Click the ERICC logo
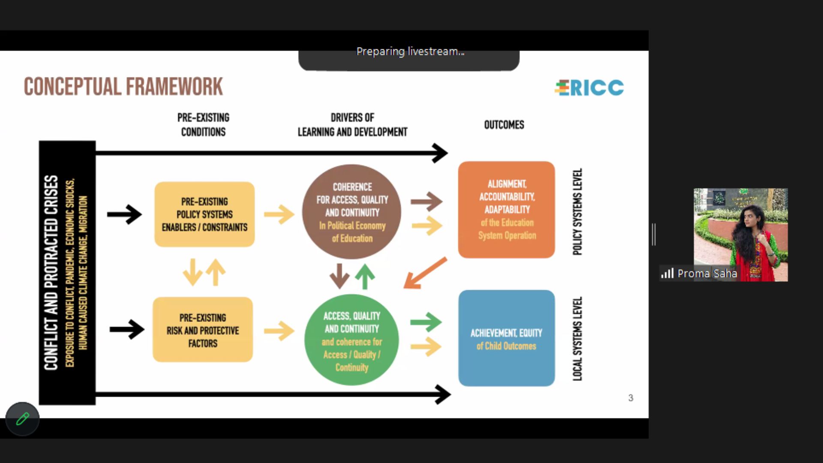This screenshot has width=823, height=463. click(x=589, y=88)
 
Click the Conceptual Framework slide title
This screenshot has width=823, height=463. click(x=123, y=87)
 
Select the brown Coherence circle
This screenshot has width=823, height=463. click(x=352, y=212)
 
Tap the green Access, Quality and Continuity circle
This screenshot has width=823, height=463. click(x=352, y=340)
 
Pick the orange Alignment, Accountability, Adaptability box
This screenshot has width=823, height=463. click(x=507, y=210)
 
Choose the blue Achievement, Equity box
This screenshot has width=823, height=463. click(x=507, y=338)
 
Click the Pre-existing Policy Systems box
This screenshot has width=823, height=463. click(x=204, y=214)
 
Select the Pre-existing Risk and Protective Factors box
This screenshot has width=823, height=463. click(x=203, y=330)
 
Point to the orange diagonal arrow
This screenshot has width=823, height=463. click(x=425, y=273)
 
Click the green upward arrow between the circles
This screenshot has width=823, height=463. click(x=365, y=277)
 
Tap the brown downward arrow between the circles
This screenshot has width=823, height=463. click(x=339, y=276)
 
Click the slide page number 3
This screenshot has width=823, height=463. click(x=631, y=398)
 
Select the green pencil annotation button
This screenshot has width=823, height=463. click(x=23, y=419)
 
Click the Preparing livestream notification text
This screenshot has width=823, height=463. click(x=410, y=51)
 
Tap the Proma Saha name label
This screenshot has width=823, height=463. click(x=707, y=274)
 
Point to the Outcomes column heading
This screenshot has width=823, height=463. click(x=504, y=125)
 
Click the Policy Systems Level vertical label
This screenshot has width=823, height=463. click(x=577, y=212)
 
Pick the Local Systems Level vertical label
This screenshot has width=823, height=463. click(x=577, y=339)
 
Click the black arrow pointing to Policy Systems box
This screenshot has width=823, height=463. click(x=124, y=214)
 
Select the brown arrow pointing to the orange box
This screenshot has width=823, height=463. click(x=427, y=201)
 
